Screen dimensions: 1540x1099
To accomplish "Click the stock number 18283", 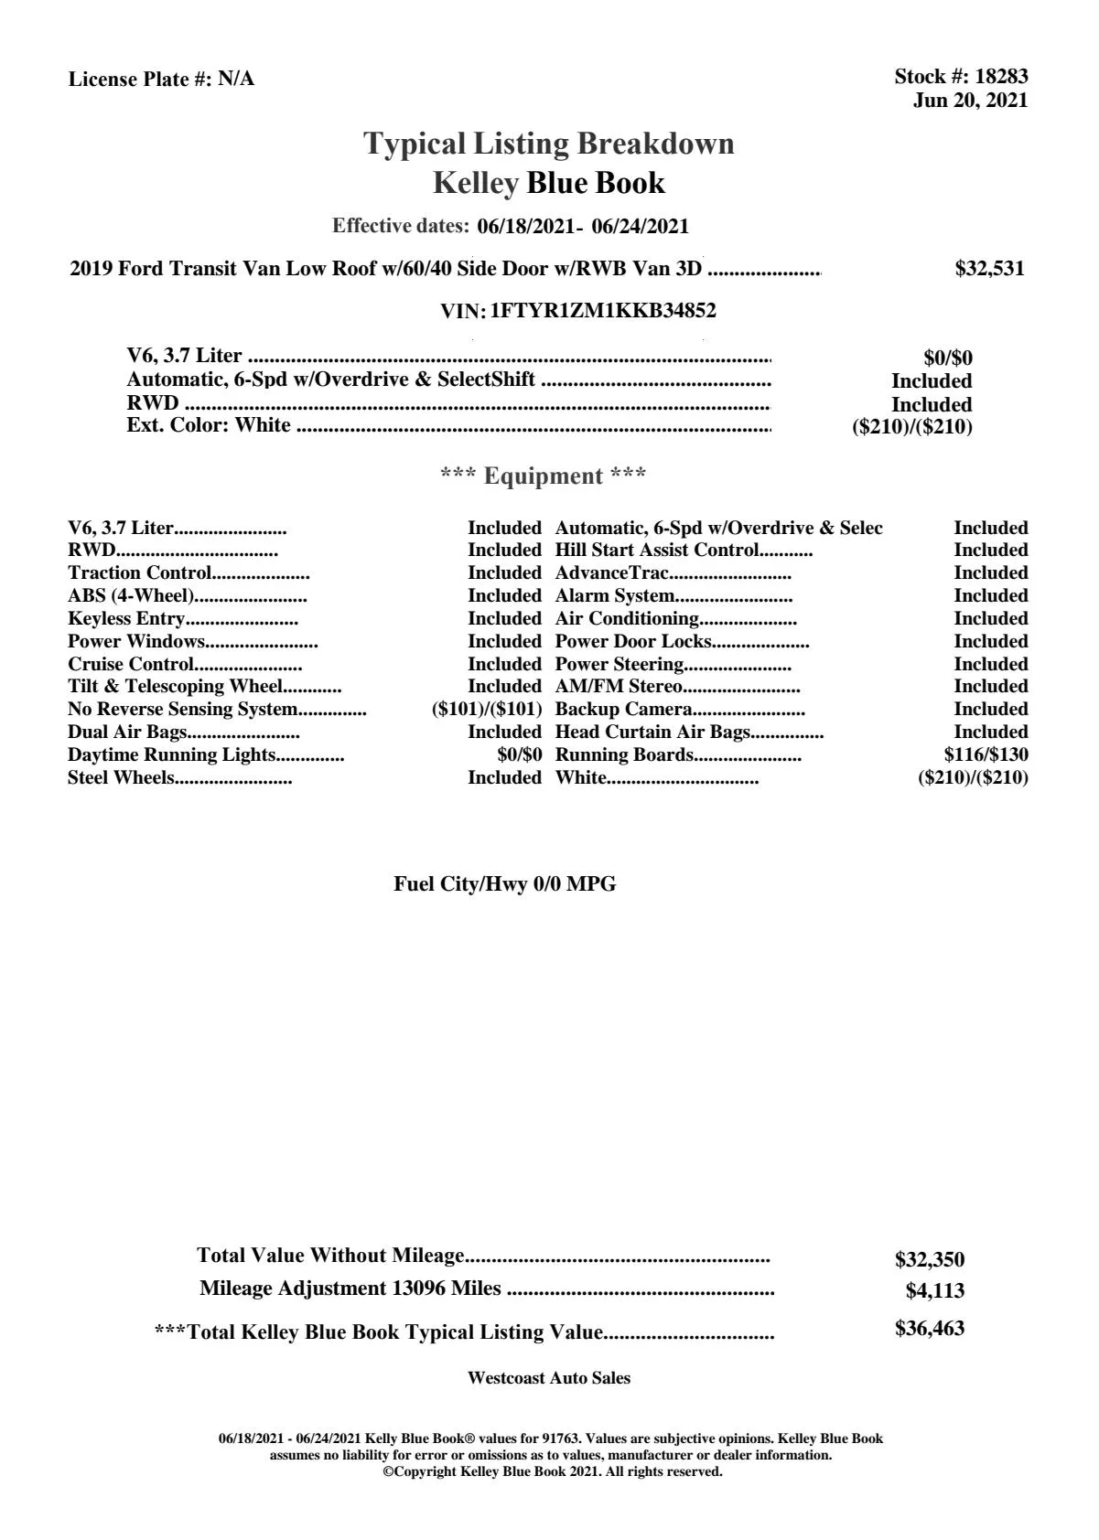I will [1001, 77].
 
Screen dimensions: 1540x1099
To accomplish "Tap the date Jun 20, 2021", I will [970, 101].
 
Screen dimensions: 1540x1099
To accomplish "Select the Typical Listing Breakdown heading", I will [549, 144].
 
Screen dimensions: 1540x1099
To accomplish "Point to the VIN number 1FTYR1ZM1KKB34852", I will [603, 311].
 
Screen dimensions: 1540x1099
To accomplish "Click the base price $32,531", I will [989, 269].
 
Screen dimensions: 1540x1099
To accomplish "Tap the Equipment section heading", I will [544, 476].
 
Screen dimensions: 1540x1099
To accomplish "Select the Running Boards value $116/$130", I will [986, 755].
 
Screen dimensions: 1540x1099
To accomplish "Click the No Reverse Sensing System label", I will [183, 710].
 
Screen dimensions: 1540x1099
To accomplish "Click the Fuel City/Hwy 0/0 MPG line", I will [505, 884].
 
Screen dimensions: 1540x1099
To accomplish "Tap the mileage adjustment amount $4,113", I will [935, 1291].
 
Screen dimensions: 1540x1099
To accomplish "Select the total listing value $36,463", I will [930, 1329].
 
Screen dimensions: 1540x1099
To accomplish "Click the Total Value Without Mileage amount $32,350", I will [930, 1260].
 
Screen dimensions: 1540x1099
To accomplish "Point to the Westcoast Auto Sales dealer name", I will [549, 1378].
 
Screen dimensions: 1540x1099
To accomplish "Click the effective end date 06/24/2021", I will [641, 226].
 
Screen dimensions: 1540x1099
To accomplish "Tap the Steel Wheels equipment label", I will [121, 778].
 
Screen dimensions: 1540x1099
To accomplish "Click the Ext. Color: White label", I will [209, 425].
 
